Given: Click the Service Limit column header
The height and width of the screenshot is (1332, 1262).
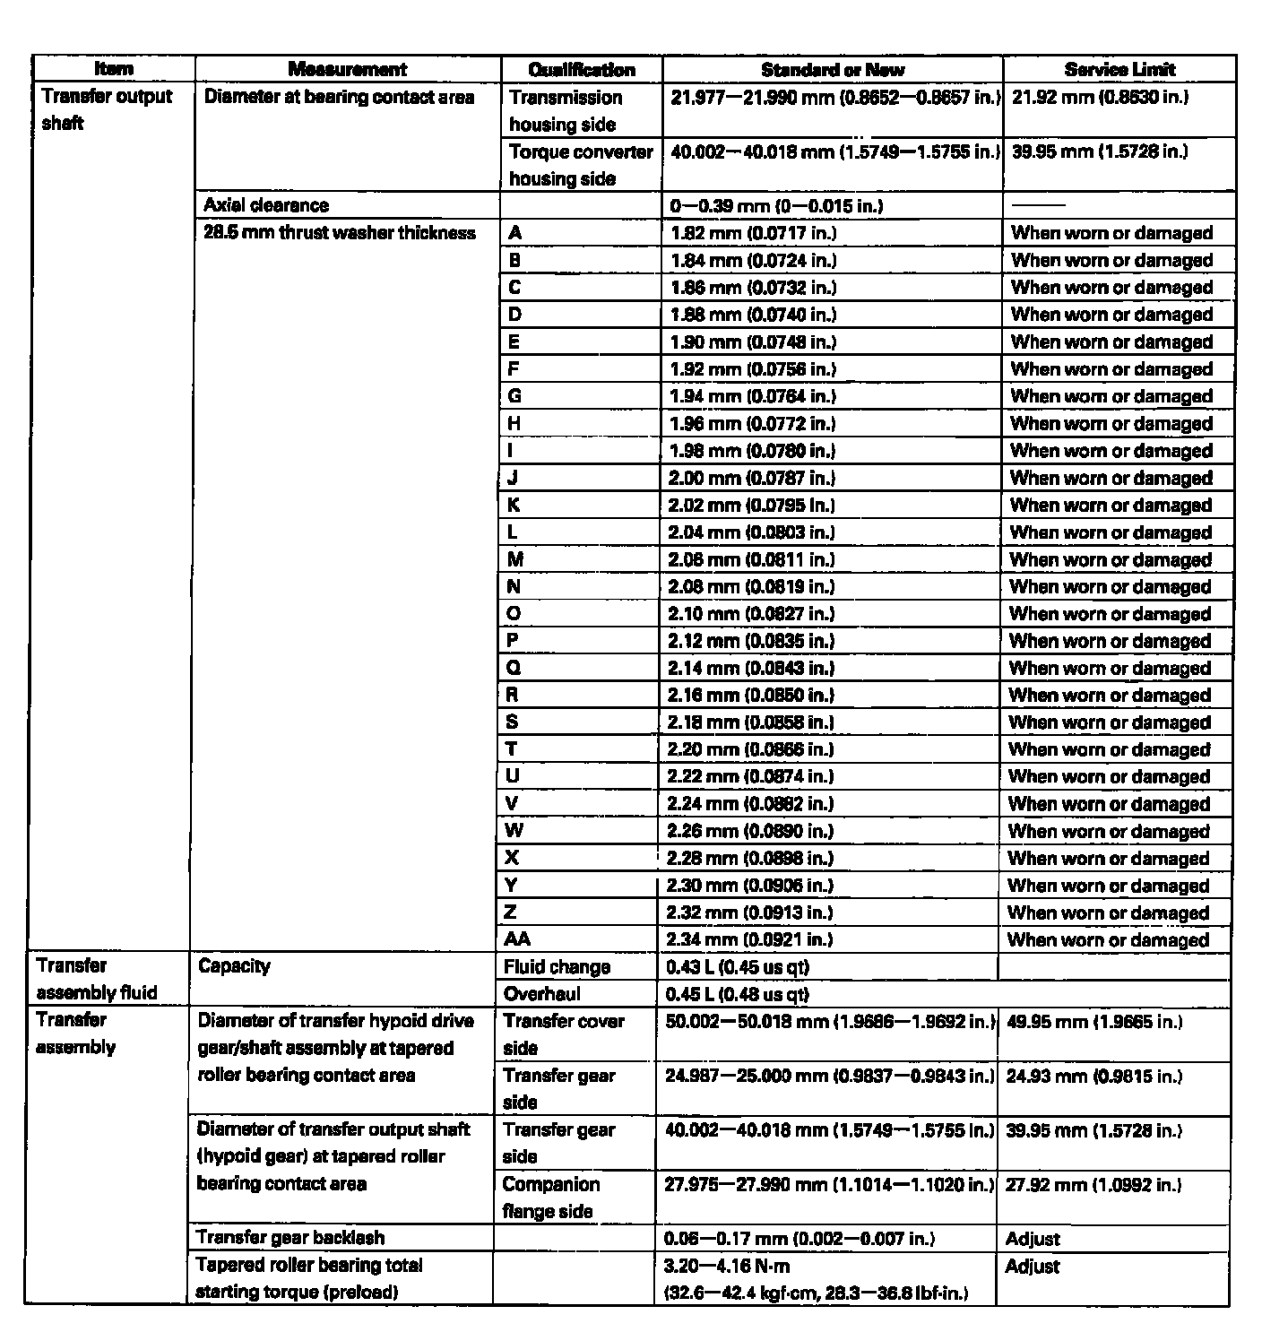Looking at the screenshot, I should click(1119, 69).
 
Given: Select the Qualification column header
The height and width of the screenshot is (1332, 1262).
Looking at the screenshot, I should click(582, 69).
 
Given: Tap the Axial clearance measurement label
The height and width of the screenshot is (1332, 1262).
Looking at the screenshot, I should click(266, 205).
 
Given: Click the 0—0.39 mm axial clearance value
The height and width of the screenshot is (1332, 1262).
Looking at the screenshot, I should click(776, 206).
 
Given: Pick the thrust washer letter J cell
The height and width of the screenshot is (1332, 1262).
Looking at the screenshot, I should click(513, 478).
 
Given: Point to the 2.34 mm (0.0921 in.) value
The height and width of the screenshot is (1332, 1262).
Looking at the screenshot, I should click(750, 939).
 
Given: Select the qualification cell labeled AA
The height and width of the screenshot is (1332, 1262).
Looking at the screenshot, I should click(517, 939).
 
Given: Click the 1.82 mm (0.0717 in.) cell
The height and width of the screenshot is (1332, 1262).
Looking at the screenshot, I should click(753, 233).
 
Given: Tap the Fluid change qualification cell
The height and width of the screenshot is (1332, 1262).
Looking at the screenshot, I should click(557, 966).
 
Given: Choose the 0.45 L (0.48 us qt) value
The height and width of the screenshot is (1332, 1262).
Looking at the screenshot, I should click(738, 993).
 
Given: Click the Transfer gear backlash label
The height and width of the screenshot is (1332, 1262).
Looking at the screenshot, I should click(290, 1238).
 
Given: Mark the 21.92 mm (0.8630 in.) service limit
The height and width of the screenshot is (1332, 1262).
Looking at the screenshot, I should click(1100, 97).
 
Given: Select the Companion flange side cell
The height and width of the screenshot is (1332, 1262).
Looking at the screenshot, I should click(550, 1197).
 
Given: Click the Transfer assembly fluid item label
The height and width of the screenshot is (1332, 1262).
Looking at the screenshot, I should click(97, 979).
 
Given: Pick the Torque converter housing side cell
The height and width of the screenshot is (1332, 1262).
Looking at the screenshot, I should click(581, 164).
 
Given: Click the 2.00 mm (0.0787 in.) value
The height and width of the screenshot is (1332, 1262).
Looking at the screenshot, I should click(751, 478).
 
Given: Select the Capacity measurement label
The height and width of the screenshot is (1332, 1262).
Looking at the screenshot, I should click(234, 965).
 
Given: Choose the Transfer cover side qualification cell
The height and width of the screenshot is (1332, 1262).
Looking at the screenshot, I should click(564, 1034).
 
